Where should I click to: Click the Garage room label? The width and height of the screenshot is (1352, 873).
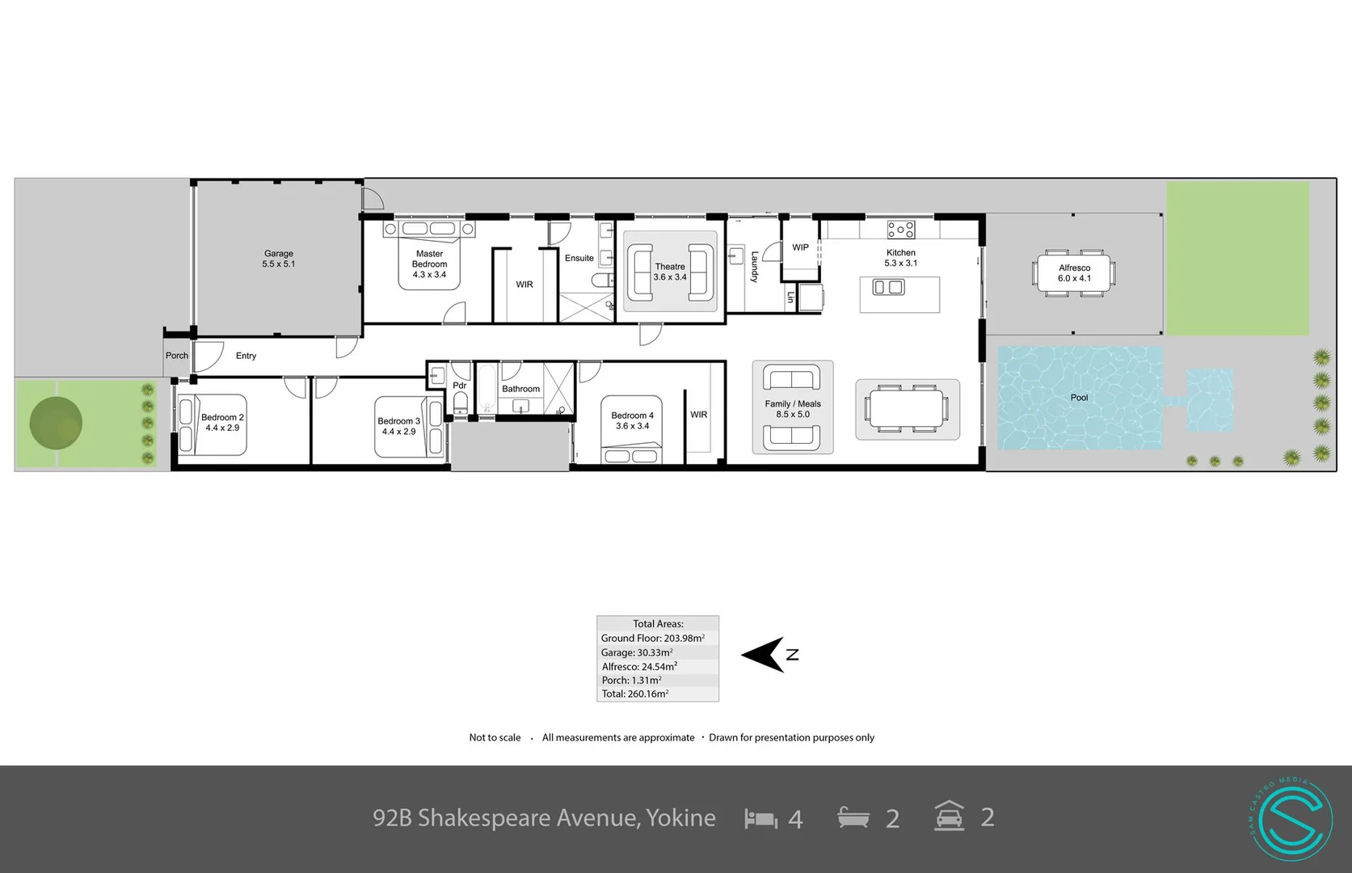coord(278,259)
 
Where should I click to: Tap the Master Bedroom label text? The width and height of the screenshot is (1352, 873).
coord(429,264)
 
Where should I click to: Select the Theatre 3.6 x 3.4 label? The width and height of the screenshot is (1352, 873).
coord(670,272)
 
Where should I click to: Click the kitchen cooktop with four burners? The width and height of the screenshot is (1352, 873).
coord(901,230)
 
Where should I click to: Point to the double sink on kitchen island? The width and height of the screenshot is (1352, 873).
coord(889,287)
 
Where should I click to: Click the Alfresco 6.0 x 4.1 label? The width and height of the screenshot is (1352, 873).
coord(1074,273)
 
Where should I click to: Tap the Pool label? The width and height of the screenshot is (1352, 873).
coord(1079,398)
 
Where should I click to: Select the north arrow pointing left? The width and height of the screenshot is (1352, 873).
coord(763,654)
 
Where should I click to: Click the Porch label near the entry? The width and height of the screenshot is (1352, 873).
coord(177,356)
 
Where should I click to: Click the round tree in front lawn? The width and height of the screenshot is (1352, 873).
coord(56,423)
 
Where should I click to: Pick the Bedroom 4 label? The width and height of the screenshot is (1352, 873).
coord(632,420)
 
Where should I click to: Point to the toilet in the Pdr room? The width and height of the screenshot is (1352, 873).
coord(460,402)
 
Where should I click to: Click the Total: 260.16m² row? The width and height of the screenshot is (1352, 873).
coord(634,694)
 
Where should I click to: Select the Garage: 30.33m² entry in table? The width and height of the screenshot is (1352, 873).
coord(637,652)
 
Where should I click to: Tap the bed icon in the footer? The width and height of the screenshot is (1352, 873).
coord(760,818)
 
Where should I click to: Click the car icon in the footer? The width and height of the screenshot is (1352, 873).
coord(949,816)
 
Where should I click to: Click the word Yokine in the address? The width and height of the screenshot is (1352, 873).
coord(680,818)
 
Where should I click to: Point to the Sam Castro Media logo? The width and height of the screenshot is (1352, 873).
coord(1291,818)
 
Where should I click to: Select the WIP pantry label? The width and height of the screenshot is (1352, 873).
coord(800,247)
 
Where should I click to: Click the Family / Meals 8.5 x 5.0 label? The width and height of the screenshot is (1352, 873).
coord(793,409)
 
